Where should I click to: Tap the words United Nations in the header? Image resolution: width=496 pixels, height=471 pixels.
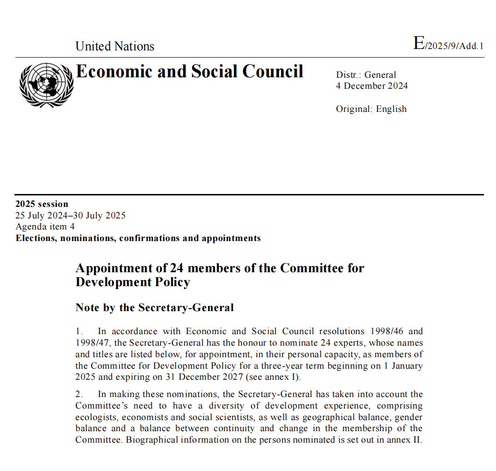[x=115, y=46]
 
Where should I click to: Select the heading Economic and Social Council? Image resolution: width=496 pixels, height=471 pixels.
[x=190, y=71]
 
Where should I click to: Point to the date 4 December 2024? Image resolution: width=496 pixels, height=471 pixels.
[x=372, y=86]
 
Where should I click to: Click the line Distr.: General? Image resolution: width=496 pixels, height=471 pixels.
[x=366, y=75]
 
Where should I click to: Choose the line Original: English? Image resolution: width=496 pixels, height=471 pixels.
[x=371, y=109]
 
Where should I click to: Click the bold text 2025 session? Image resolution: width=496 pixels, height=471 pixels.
[x=42, y=204]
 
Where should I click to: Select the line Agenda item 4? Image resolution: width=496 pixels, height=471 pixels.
[x=45, y=227]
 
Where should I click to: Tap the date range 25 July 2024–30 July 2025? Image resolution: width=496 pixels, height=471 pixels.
[x=71, y=216]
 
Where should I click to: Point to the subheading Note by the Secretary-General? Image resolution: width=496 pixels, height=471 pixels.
[x=155, y=308]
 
